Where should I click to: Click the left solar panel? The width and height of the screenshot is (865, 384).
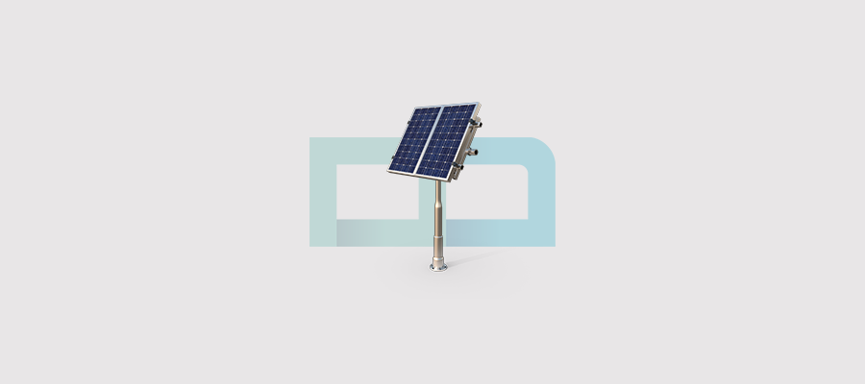416,138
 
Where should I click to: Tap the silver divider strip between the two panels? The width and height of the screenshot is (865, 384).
433,140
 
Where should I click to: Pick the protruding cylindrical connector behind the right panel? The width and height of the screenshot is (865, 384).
468,152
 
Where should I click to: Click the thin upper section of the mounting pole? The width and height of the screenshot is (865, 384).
438,197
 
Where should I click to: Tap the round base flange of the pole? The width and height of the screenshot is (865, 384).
438,267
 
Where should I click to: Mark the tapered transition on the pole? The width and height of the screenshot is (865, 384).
438,217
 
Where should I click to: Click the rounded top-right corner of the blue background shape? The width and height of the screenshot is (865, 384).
545,147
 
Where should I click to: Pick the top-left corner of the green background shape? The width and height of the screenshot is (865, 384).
311,139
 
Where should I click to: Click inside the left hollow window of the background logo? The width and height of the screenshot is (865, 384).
375,192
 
